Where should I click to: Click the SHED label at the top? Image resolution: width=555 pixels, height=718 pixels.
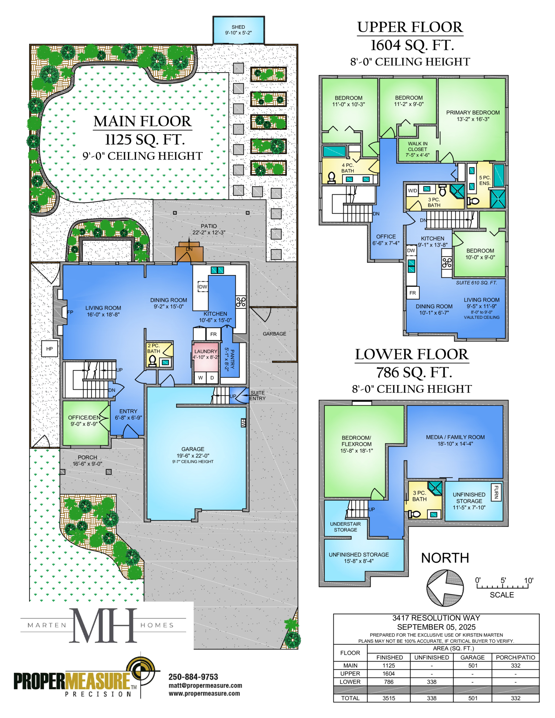coord(238,27)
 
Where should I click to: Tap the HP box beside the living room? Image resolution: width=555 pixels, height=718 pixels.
coord(50,349)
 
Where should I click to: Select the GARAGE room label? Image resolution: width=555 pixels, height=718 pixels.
coord(193,449)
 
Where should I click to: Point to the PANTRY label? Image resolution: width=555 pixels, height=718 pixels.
coord(232,359)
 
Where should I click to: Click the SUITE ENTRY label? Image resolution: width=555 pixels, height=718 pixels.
coord(257,396)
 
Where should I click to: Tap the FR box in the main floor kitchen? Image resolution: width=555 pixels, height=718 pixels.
coord(213,334)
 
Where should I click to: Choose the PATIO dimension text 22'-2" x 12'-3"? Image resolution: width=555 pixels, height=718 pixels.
coord(209,233)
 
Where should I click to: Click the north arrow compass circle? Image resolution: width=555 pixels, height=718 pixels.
coord(445,588)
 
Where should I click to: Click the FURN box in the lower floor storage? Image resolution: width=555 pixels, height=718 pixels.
coord(496,492)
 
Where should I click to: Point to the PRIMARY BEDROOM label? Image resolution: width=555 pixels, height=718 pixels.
coord(473,113)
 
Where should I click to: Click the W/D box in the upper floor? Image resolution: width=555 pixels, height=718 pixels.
coord(412,190)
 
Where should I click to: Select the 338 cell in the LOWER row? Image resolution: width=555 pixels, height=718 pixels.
coord(432,682)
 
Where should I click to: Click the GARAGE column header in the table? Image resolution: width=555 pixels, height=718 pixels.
coord(472,657)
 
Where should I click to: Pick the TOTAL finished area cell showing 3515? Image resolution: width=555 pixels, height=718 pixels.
coord(389,698)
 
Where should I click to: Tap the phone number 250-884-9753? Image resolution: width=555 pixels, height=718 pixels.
coord(193,677)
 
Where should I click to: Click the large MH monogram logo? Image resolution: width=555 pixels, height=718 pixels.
coord(103,625)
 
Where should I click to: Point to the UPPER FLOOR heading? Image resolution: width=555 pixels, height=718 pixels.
coord(410,27)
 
